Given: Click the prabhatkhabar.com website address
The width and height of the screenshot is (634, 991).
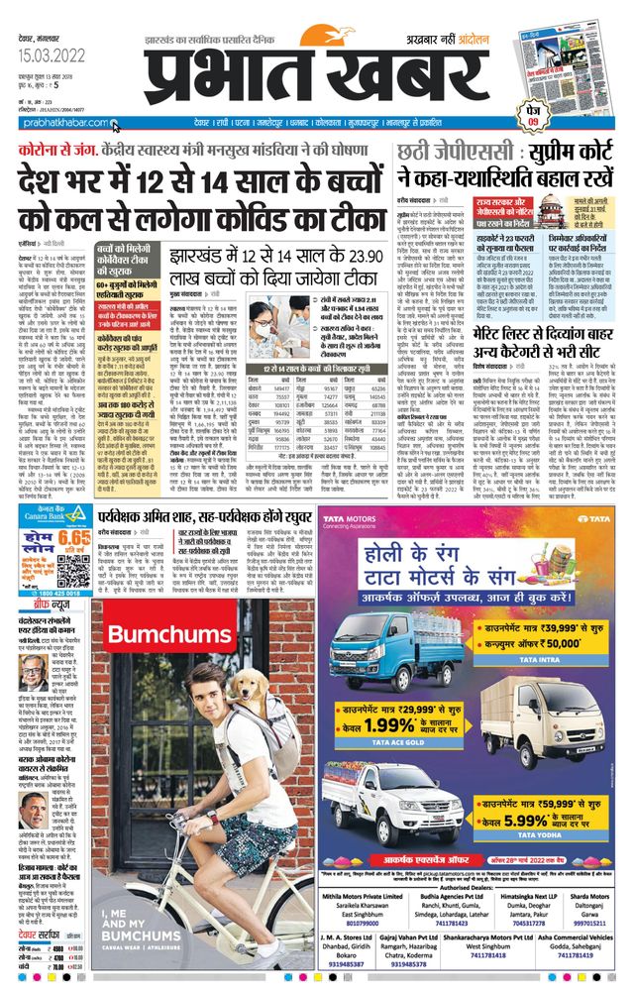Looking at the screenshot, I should click(x=59, y=123).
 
